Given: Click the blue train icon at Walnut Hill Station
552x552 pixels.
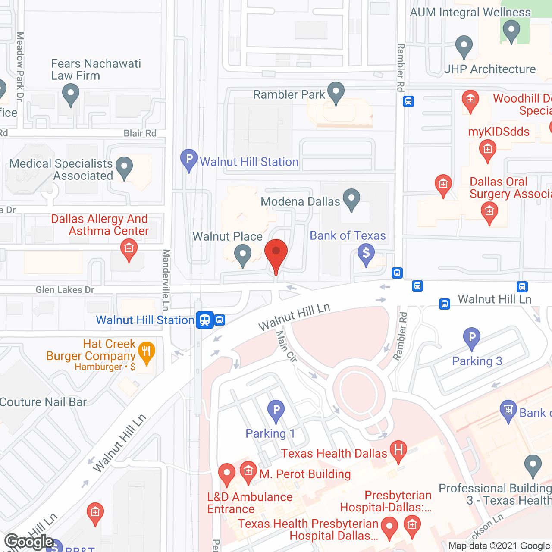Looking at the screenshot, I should pyautogui.click(x=205, y=320).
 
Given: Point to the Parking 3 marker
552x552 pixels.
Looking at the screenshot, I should pyautogui.click(x=471, y=337).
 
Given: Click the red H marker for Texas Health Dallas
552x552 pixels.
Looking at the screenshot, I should pyautogui.click(x=398, y=450).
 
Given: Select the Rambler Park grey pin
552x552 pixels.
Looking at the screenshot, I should pyautogui.click(x=336, y=92).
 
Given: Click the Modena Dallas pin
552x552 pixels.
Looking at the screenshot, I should pyautogui.click(x=351, y=199).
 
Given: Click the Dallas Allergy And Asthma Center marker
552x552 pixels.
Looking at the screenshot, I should pyautogui.click(x=129, y=250).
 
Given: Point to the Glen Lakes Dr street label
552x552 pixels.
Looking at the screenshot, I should pyautogui.click(x=65, y=290).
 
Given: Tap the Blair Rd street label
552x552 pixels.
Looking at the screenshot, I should pyautogui.click(x=140, y=133).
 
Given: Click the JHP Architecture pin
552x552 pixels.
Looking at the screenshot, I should pyautogui.click(x=464, y=46).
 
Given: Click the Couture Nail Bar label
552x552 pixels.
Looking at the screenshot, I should pyautogui.click(x=43, y=402).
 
